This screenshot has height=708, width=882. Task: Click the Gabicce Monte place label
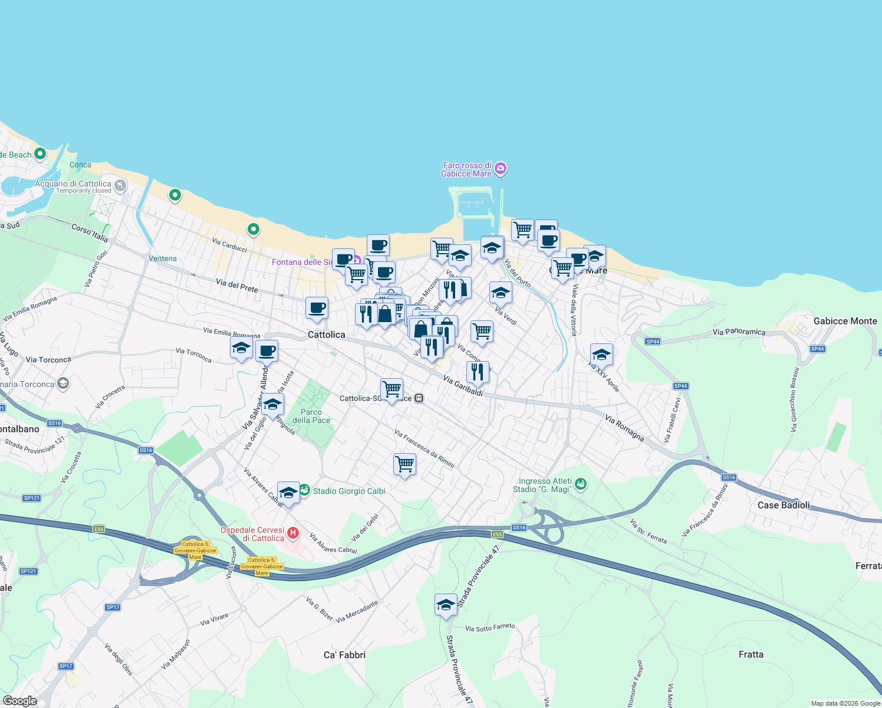coord(845,321)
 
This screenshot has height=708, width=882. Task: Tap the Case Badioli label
coord(783,505)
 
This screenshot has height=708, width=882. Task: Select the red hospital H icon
coord(293,534)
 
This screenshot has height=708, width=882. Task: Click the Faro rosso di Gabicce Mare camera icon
coord(501,169)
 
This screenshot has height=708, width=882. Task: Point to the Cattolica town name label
coord(326,335)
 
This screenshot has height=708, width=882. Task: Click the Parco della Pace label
coord(311,416)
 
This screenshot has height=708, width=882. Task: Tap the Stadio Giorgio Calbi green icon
coord(304,490)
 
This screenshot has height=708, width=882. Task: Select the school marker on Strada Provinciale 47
coord(446,605)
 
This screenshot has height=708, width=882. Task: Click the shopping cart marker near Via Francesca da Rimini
coord(404,464)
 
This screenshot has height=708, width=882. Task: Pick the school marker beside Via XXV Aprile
coord(601,355)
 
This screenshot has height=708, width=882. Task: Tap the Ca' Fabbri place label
coord(344,654)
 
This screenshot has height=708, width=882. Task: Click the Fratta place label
coord(751,654)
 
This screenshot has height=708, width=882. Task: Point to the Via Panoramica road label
coord(739,332)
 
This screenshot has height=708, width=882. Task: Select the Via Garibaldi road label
coord(463,386)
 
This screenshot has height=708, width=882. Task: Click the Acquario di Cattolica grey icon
coord(120,186)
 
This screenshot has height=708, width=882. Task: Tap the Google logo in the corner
coord(19,701)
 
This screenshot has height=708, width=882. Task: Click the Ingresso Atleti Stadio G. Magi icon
coord(581,484)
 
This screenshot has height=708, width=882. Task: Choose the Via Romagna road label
coord(624,427)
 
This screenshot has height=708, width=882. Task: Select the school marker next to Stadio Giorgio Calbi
coord(288,492)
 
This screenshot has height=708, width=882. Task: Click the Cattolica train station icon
coord(419,398)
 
